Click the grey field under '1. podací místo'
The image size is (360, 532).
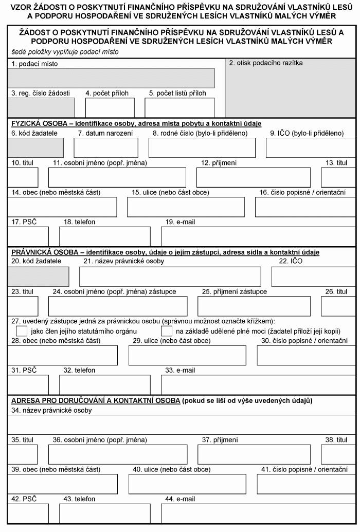[x=111, y=78]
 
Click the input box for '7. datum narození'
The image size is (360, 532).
[x=106, y=148]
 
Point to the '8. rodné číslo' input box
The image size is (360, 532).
[x=202, y=148]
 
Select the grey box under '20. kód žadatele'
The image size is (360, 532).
[x=39, y=277]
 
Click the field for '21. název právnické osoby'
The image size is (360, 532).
[x=170, y=277]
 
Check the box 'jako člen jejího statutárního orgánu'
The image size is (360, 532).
[x=22, y=331]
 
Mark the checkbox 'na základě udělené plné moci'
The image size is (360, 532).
[x=167, y=331]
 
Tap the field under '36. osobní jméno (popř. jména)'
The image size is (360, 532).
[x=118, y=454]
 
